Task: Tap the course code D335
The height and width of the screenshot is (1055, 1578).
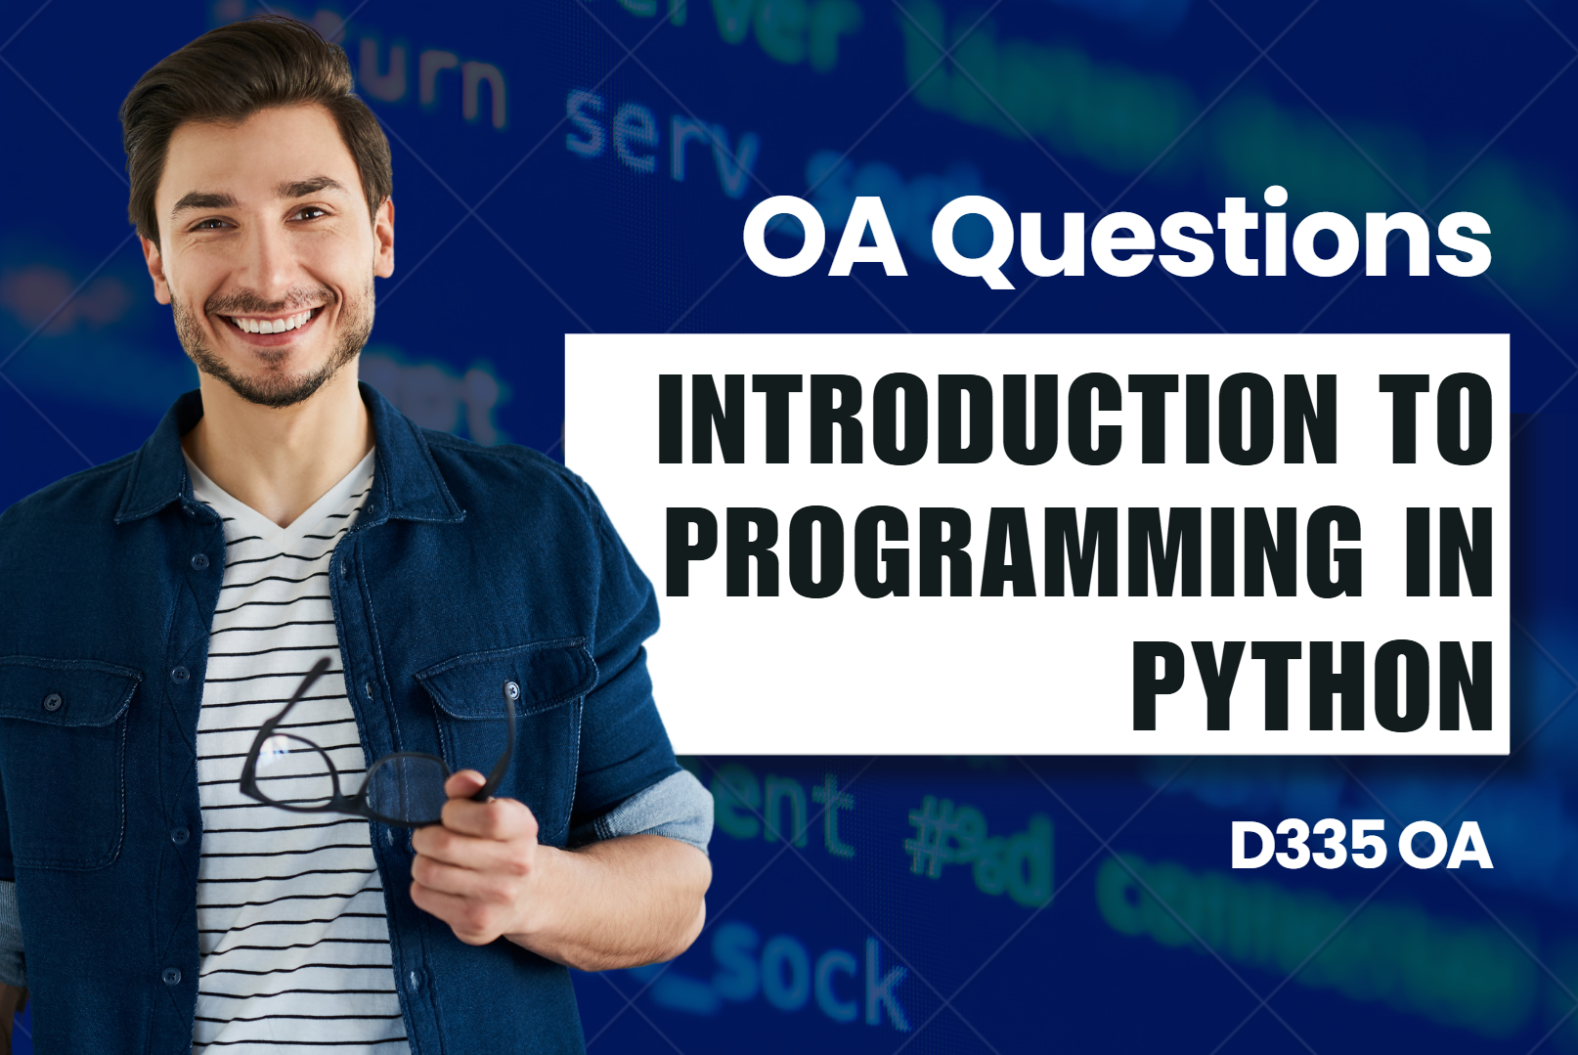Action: (x=1308, y=846)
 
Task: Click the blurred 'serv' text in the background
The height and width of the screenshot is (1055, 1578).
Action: (x=660, y=142)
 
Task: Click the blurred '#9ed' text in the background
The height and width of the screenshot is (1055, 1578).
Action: (x=978, y=851)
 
